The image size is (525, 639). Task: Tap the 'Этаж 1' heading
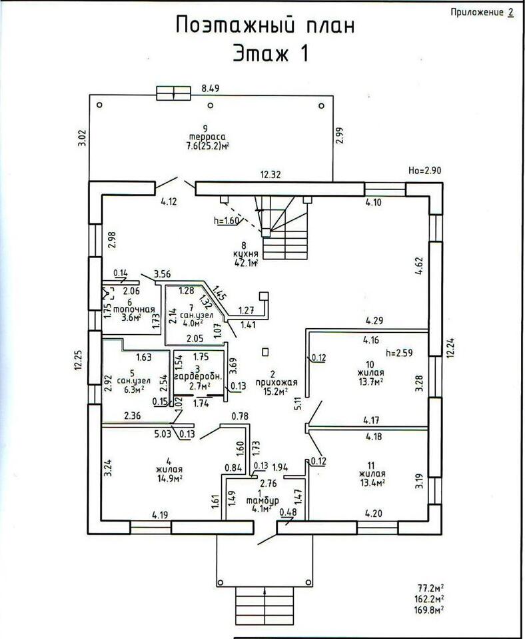270,53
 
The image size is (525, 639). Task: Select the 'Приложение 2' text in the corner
482,12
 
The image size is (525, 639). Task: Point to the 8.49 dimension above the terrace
211,87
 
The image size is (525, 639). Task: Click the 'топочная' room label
134,309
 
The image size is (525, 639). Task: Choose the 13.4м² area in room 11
372,482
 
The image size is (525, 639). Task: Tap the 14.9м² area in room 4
171,478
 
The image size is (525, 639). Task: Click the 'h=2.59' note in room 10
400,352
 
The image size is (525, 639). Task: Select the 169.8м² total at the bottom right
431,609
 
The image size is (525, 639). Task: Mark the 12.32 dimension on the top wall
271,175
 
